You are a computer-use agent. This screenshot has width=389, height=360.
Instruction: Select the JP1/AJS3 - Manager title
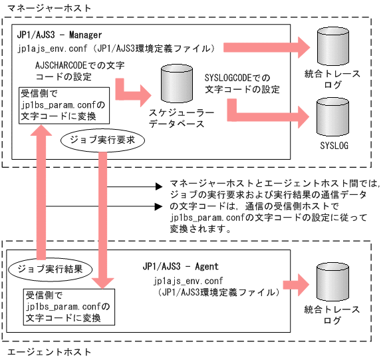61,35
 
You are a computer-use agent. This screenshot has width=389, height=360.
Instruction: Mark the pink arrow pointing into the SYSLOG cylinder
266,117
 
